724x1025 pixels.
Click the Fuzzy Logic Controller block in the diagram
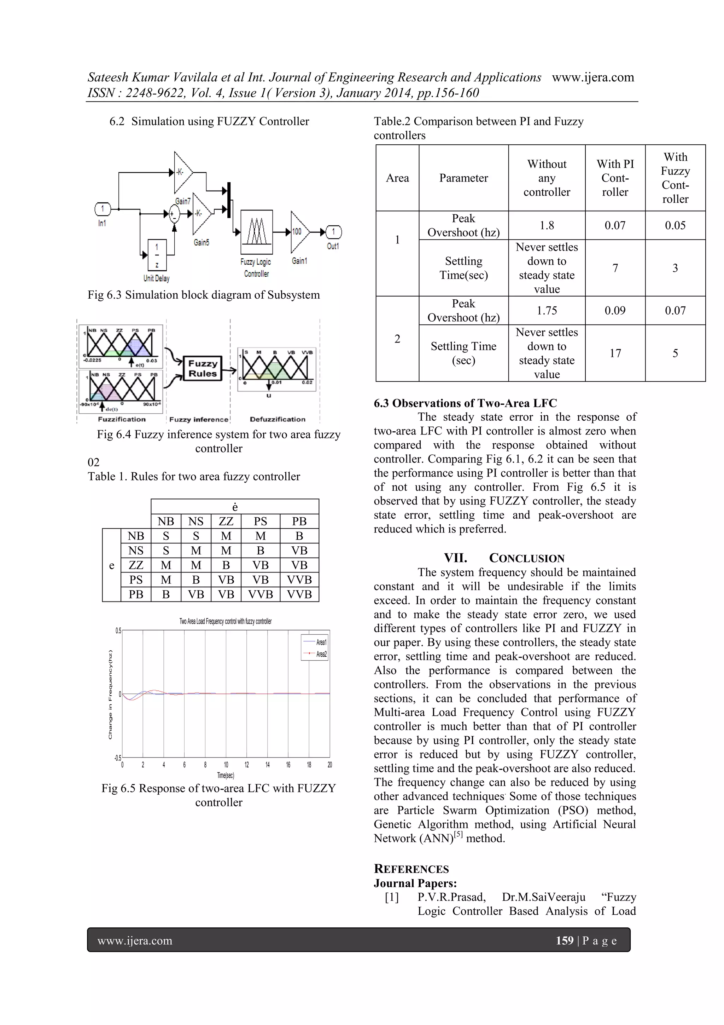tap(257, 232)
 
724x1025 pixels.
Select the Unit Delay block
tap(157, 255)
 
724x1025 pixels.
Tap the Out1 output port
tap(333, 232)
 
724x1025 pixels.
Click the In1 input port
tap(103, 208)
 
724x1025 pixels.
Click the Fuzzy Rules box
tap(203, 368)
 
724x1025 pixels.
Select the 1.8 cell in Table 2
tap(547, 225)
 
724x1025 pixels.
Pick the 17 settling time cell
tap(615, 353)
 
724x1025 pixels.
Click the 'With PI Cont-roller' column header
tap(615, 178)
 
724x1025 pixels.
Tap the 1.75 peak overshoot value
tap(547, 310)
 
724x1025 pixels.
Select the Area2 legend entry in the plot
tap(316, 654)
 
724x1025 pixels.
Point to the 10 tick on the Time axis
tap(226, 765)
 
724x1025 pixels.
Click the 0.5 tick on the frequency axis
tap(118, 630)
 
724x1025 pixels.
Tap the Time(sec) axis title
tap(226, 776)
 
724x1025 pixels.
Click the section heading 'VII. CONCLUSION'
tap(504, 558)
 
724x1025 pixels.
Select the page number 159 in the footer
tap(564, 941)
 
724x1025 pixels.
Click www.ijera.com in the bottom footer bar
tap(135, 941)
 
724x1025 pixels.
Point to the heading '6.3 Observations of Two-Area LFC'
tap(465, 403)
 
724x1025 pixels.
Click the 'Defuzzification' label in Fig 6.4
tap(278, 419)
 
